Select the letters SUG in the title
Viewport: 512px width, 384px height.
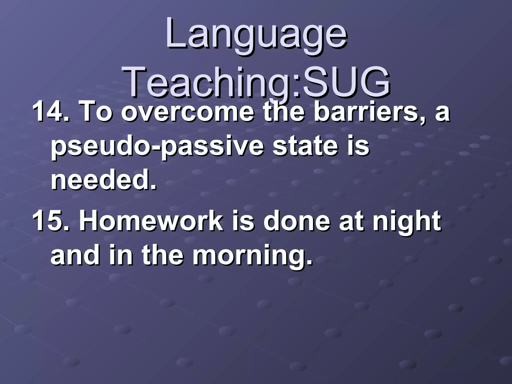coord(345,81)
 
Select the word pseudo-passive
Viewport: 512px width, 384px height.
coord(157,146)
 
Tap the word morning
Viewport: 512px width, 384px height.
coord(252,257)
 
